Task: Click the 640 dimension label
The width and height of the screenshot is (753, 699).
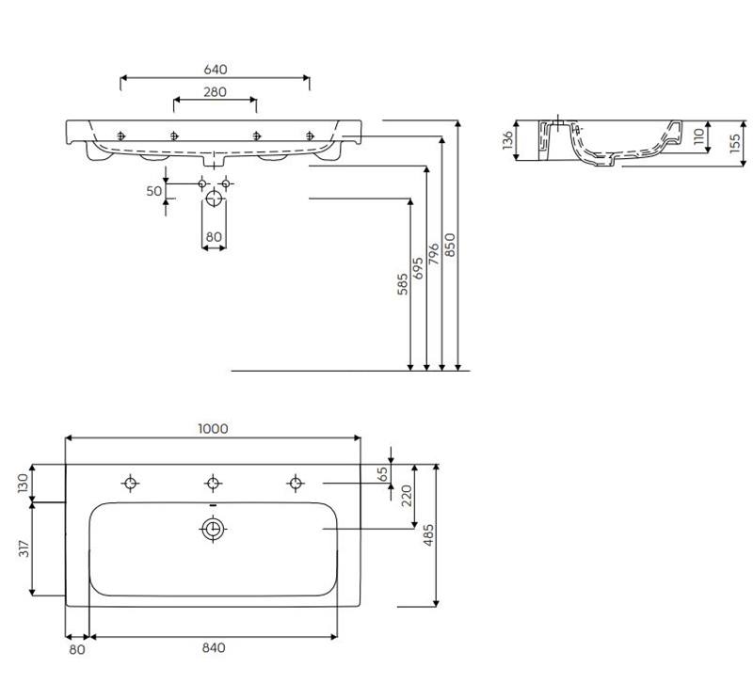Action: point(215,70)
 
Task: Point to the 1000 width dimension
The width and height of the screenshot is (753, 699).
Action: point(213,428)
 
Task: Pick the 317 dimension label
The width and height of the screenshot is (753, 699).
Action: point(23,548)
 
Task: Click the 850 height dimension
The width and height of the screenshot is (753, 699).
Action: point(450,245)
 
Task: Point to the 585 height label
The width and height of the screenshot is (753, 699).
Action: point(403,283)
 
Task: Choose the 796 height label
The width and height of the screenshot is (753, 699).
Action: point(434,256)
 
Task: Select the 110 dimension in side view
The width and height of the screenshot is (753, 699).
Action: point(698,136)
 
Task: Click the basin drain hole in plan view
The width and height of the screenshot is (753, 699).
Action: point(214,530)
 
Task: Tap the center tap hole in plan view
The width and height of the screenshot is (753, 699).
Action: point(214,484)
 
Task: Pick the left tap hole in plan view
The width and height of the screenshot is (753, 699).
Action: point(131,484)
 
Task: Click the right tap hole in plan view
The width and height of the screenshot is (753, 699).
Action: point(296,484)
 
